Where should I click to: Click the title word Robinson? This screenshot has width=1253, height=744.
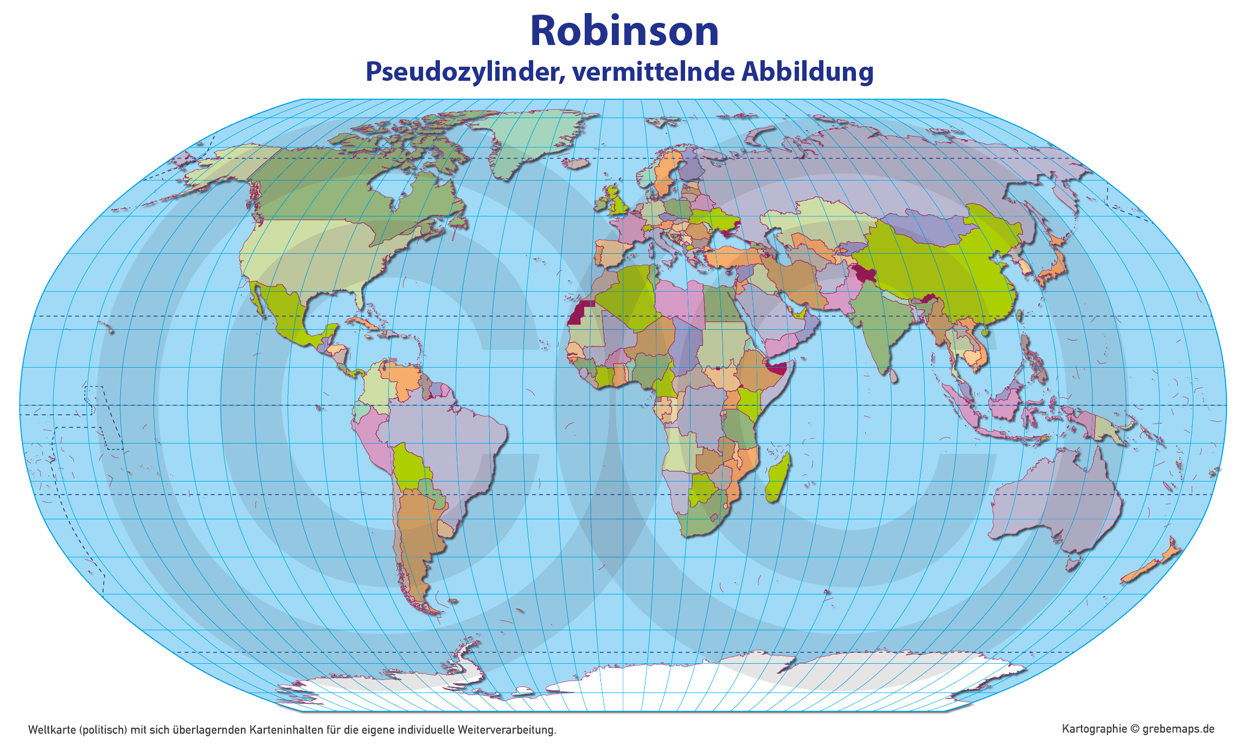coord(624,31)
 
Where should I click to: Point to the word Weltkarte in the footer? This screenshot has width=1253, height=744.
coord(52,730)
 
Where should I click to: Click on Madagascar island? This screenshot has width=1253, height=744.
coord(778,477)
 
